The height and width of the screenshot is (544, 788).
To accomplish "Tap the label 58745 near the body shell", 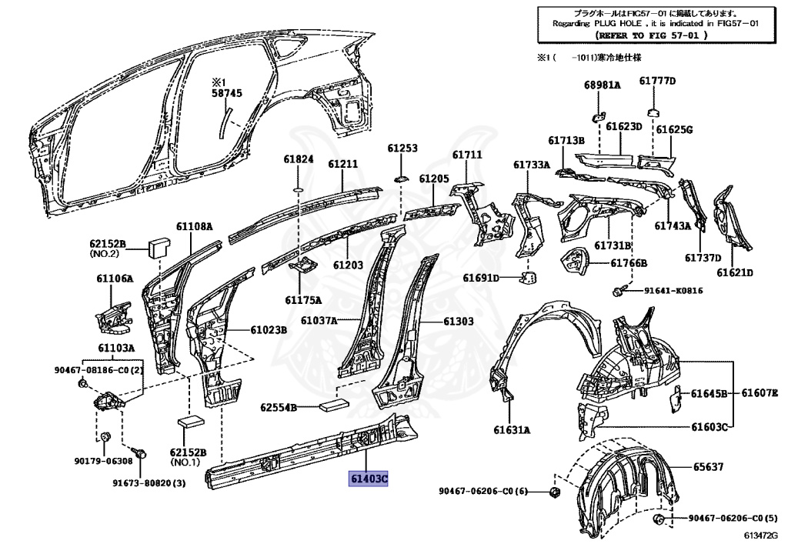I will pyautogui.click(x=227, y=93).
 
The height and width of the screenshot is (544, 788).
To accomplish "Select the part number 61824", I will pyautogui.click(x=299, y=159).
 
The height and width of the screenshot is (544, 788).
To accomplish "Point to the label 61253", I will pyautogui.click(x=402, y=148).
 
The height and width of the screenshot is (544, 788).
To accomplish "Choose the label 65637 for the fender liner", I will pyautogui.click(x=707, y=466).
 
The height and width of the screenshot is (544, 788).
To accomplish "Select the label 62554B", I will pyautogui.click(x=278, y=407).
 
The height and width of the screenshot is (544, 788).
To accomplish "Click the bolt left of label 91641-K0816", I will pyautogui.click(x=616, y=290).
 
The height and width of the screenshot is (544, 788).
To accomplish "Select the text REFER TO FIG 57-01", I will pyautogui.click(x=652, y=35).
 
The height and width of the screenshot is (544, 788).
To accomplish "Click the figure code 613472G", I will pyautogui.click(x=762, y=535).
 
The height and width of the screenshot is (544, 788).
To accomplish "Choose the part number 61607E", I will pyautogui.click(x=759, y=393).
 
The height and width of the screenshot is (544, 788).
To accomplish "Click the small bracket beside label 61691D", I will pyautogui.click(x=530, y=278).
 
